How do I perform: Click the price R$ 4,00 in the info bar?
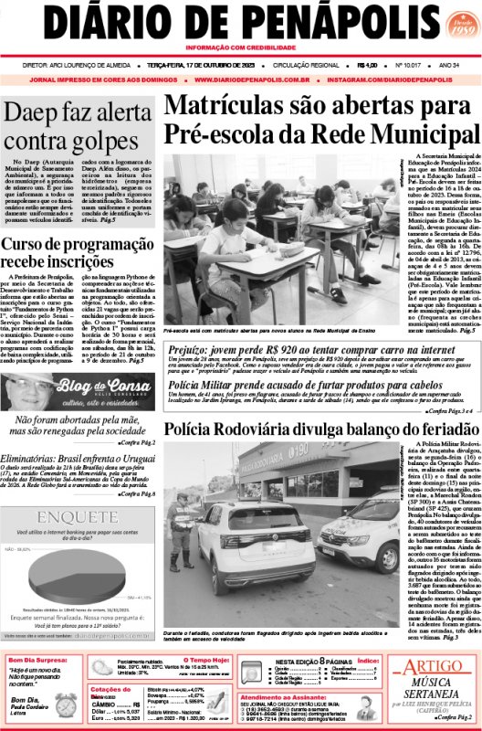[x=369, y=66]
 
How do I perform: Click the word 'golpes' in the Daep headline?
[x=116, y=142]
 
